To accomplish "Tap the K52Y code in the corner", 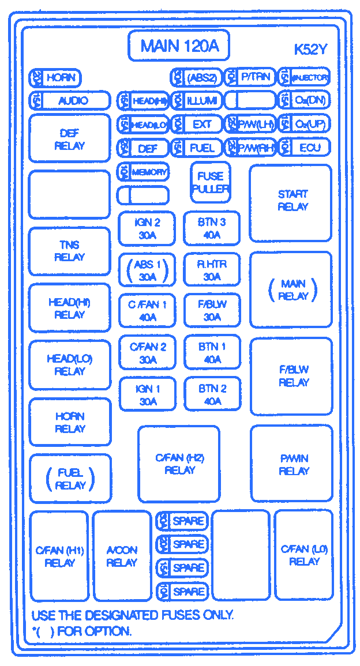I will [310, 50].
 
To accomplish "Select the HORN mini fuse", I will [55, 77].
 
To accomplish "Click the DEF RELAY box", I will [69, 138].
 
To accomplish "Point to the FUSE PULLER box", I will [211, 182].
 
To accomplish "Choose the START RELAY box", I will [291, 202].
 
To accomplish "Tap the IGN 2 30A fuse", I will [148, 228].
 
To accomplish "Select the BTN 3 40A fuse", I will [212, 228].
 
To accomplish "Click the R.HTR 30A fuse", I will [212, 270].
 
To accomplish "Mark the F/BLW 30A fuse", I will [212, 311].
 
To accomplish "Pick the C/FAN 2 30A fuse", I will [148, 352].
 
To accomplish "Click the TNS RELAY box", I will [69, 251].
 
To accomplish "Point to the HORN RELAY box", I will [70, 422].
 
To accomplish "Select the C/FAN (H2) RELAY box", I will [179, 464].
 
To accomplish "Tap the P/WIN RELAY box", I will [292, 464].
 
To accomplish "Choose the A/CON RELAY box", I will [122, 556].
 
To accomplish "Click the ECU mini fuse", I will [304, 148].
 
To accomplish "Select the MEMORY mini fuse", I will [143, 172].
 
